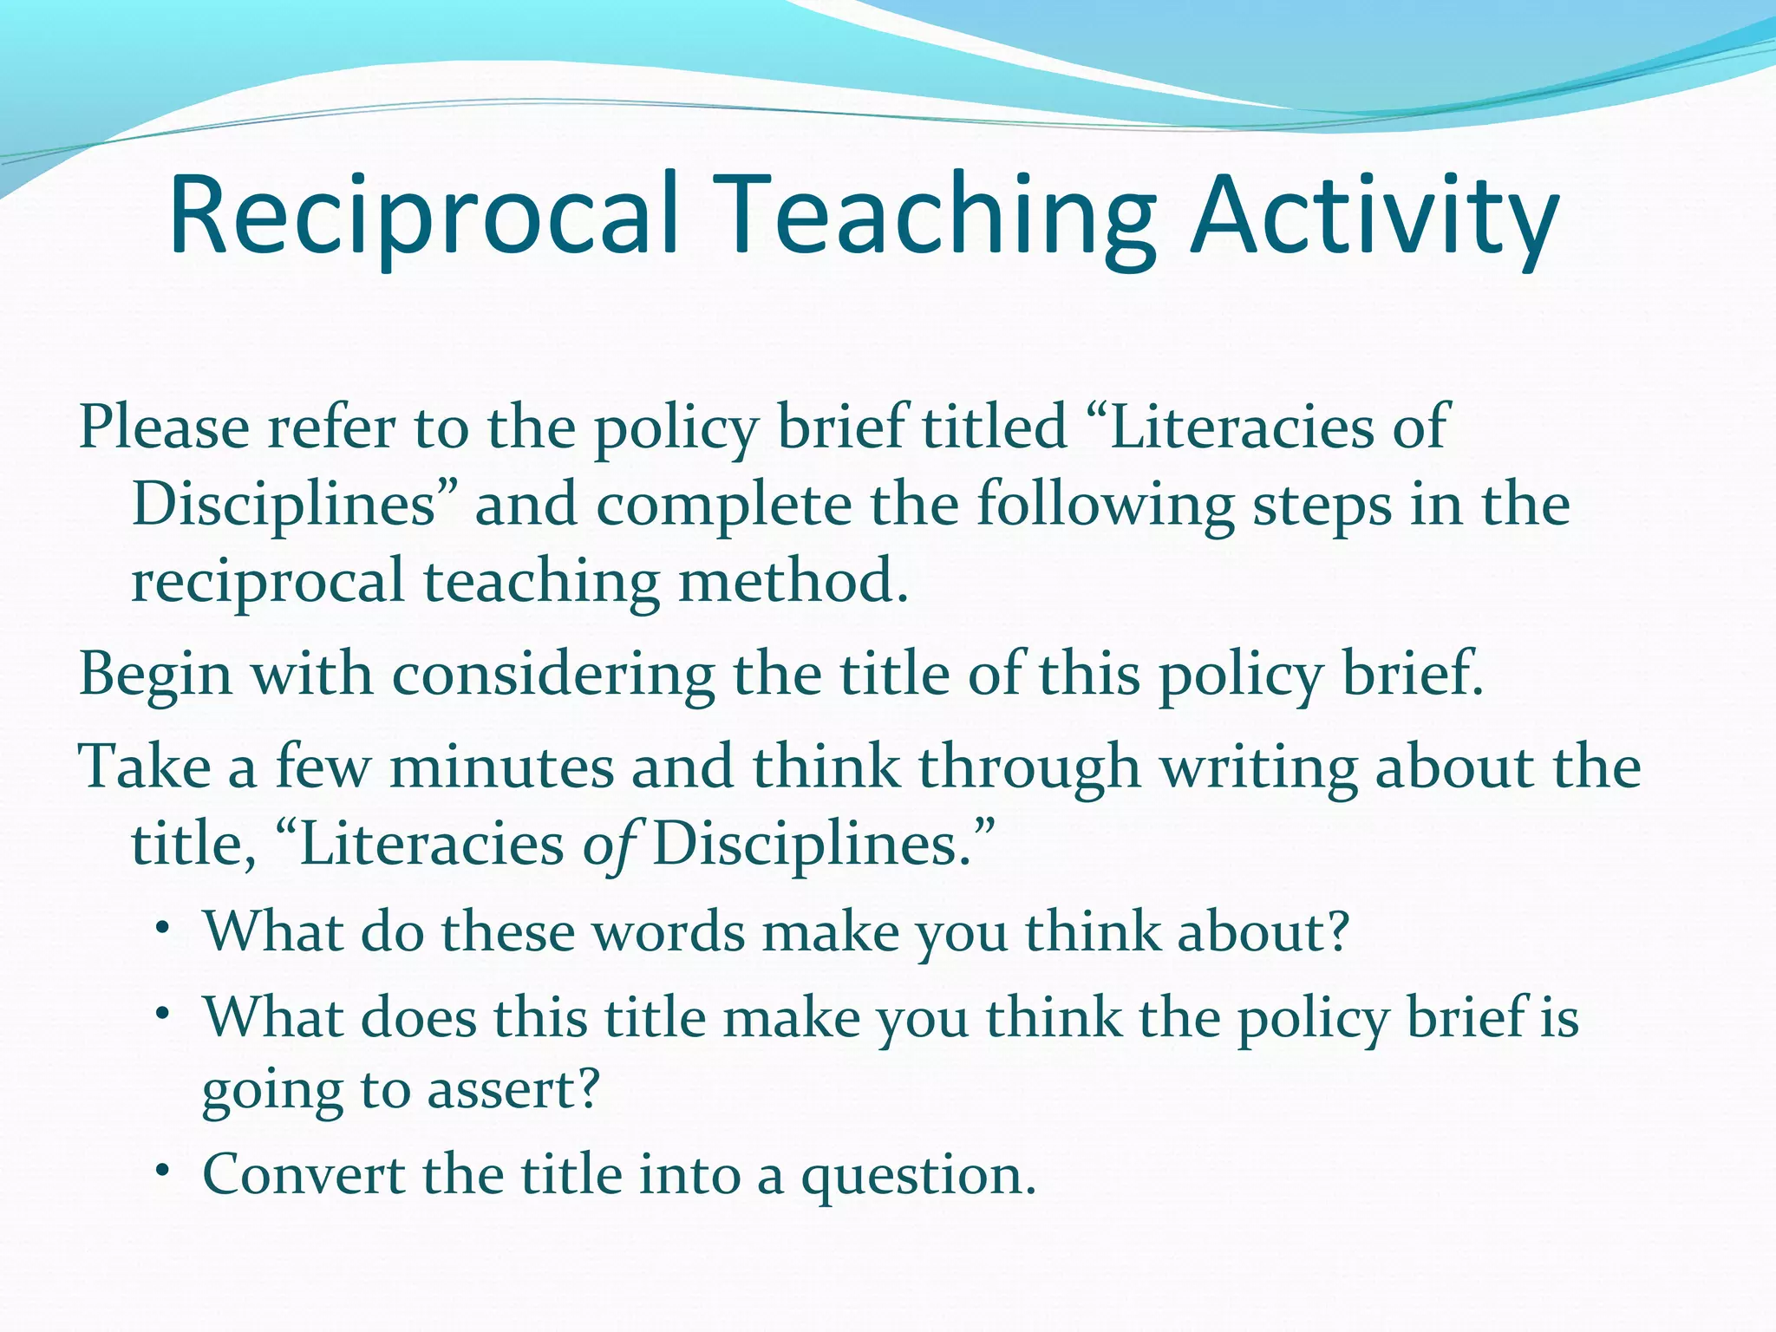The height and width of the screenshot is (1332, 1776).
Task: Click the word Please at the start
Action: click(x=164, y=427)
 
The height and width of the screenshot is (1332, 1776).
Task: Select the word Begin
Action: click(x=155, y=675)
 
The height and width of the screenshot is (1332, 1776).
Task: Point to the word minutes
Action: click(x=501, y=767)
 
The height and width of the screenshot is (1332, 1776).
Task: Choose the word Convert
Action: click(x=304, y=1175)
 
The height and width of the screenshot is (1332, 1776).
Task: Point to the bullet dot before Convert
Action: click(x=162, y=1171)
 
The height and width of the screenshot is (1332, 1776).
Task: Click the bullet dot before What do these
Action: click(x=162, y=928)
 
